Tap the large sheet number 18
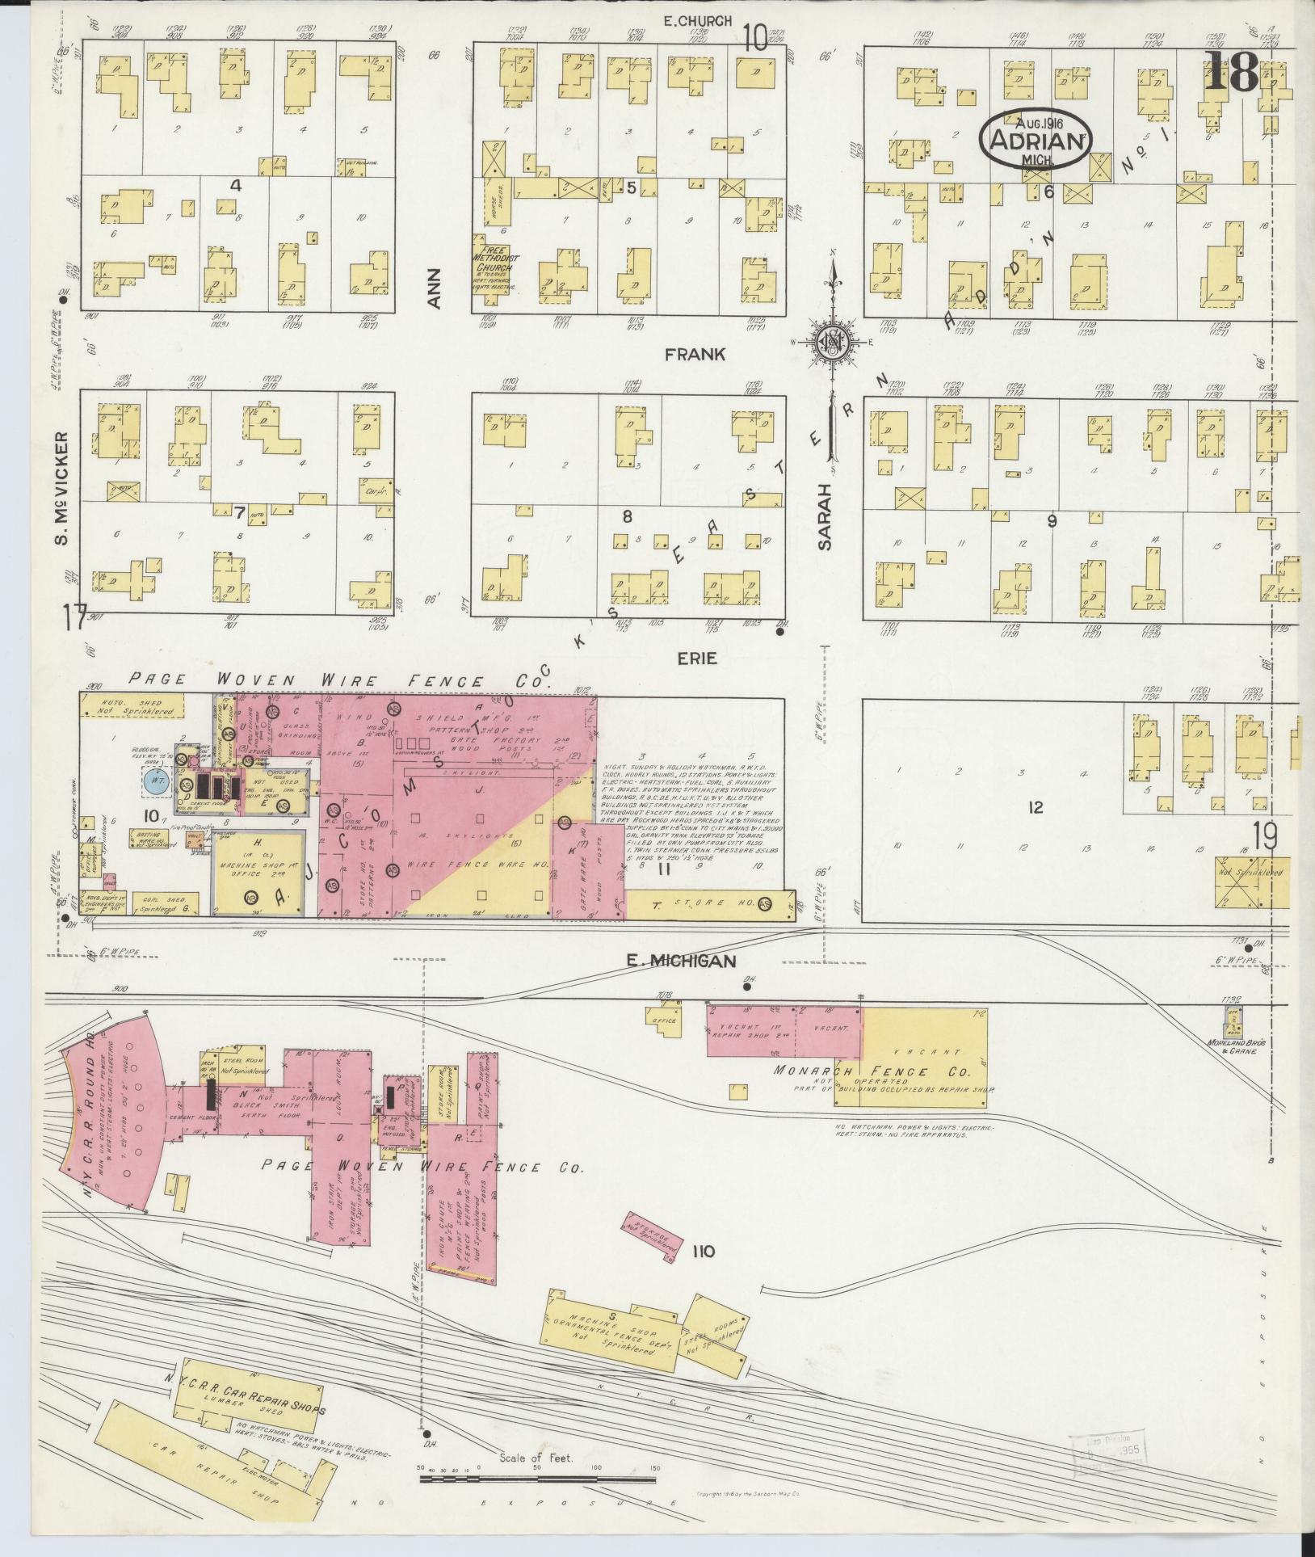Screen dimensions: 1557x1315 tap(1231, 71)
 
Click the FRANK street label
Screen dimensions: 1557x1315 tap(695, 354)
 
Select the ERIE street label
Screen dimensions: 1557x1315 tap(696, 659)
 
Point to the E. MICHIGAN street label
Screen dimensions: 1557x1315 tap(682, 961)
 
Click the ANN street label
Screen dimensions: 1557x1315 tap(435, 288)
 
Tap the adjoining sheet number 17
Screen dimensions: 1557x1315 tap(75, 620)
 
